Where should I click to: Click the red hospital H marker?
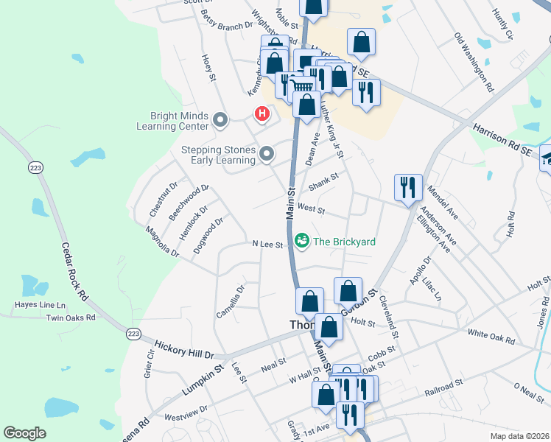point(262,114)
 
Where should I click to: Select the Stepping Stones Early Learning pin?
point(267,154)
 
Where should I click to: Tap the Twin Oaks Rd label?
point(71,318)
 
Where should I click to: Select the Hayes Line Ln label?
point(40,304)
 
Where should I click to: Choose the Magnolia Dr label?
point(161,242)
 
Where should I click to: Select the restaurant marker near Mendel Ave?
point(408,187)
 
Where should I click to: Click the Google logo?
point(25,433)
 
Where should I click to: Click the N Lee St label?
point(267,244)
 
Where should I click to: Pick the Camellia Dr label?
point(229,302)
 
